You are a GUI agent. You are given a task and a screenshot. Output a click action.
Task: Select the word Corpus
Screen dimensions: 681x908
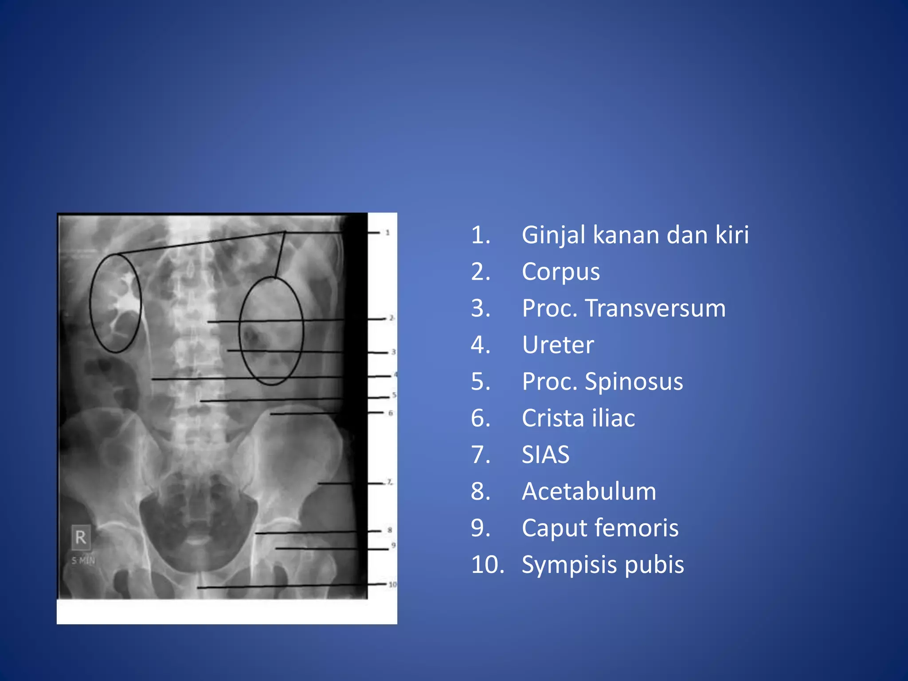(x=560, y=272)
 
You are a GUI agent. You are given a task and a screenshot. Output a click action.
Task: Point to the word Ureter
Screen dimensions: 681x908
(x=558, y=345)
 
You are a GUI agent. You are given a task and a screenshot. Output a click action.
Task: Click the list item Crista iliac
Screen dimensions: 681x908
(x=578, y=418)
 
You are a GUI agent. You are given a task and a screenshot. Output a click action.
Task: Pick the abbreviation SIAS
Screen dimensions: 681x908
(x=545, y=455)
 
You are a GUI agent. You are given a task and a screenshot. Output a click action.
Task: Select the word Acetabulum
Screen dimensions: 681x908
(x=589, y=492)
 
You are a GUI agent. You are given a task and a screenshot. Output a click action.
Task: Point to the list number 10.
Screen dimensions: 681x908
(x=487, y=565)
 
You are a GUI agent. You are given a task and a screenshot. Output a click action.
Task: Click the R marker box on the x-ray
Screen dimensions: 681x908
(x=81, y=537)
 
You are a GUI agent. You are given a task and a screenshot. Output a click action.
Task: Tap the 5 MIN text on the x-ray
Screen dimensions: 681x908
(x=83, y=561)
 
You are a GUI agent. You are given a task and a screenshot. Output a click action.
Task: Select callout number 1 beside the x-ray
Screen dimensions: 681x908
(x=387, y=232)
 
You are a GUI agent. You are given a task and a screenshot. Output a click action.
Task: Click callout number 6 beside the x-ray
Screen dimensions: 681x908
(x=391, y=413)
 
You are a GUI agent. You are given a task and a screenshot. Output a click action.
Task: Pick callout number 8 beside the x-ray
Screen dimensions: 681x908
(x=390, y=530)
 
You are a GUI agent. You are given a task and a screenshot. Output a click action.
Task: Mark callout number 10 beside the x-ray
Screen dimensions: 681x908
(x=392, y=585)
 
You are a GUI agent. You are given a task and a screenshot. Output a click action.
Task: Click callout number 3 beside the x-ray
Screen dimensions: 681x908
(x=393, y=352)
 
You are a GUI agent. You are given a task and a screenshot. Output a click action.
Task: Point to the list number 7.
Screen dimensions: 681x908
(x=481, y=455)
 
